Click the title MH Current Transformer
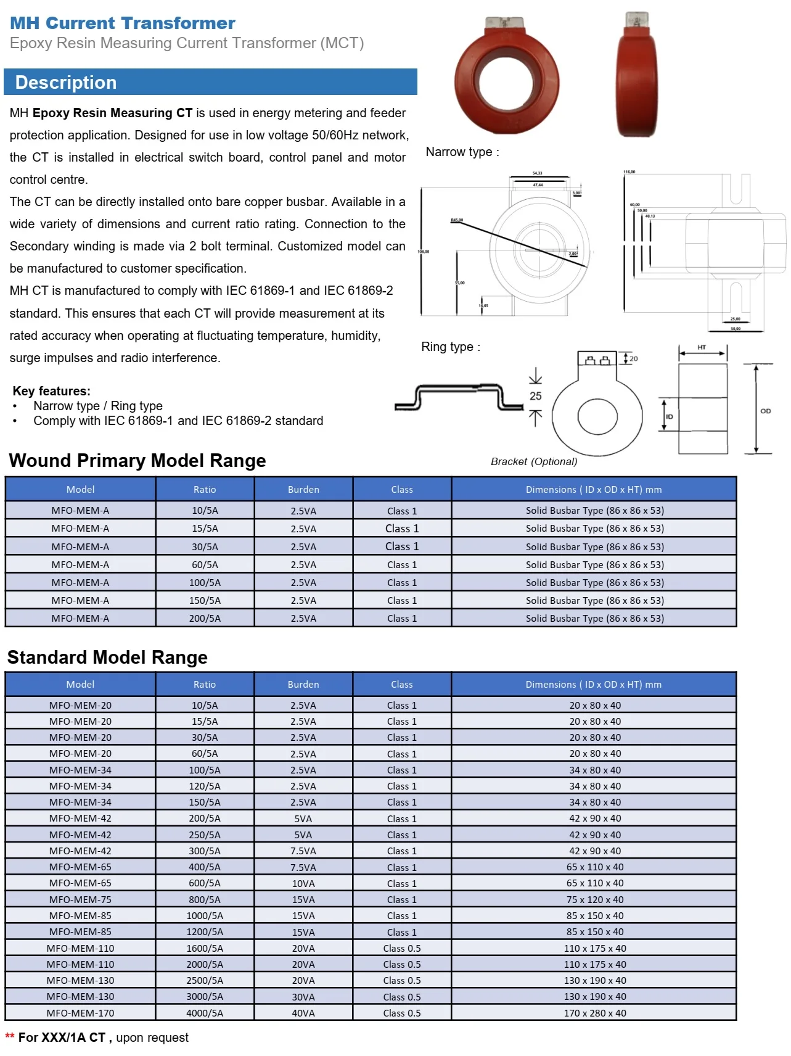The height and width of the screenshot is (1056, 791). point(122,23)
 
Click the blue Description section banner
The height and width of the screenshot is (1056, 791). point(210,82)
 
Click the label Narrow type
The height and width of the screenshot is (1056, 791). point(462,152)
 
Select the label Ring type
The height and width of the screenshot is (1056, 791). point(450,347)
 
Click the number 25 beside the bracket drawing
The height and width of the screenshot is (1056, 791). point(535,396)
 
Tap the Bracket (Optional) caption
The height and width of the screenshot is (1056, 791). point(534,461)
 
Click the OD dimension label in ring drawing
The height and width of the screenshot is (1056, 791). point(765,411)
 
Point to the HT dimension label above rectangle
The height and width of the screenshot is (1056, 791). point(702,347)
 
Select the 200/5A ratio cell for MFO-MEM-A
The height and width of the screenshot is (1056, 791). point(205,618)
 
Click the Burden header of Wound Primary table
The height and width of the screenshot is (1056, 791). point(303,489)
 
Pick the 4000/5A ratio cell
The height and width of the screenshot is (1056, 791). point(205,1013)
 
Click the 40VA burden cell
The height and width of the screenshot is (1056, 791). point(303,1013)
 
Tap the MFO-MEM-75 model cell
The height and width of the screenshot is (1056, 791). point(80,899)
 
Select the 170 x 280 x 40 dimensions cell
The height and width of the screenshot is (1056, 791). point(594,1013)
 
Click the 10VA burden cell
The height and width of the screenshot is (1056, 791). point(303,883)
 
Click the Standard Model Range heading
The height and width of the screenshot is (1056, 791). point(107,657)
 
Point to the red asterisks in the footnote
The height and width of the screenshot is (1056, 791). point(10,1036)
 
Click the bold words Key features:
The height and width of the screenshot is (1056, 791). point(52,391)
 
